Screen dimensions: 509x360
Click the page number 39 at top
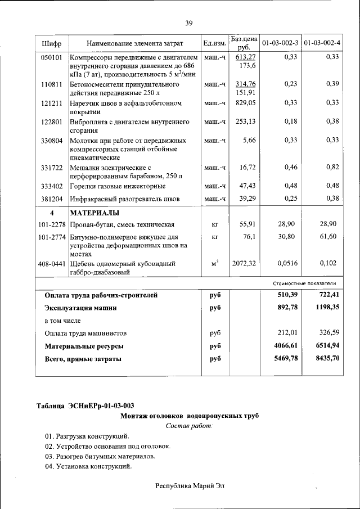pyautogui.click(x=189, y=23)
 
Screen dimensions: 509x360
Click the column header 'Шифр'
pyautogui.click(x=52, y=43)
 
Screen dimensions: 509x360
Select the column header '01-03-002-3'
pyautogui.click(x=280, y=43)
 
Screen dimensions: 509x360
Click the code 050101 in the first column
pyautogui.click(x=51, y=57)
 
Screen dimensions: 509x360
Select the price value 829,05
pyautogui.click(x=245, y=103)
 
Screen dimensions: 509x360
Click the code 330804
pyautogui.click(x=51, y=140)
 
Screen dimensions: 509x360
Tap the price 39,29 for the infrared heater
pyautogui.click(x=247, y=199)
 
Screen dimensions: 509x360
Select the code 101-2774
pyautogui.click(x=51, y=237)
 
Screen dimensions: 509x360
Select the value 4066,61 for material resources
pyautogui.click(x=284, y=346)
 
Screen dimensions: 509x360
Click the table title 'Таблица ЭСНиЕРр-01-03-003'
pyautogui.click(x=85, y=406)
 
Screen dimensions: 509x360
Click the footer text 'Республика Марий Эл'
pyautogui.click(x=189, y=485)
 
